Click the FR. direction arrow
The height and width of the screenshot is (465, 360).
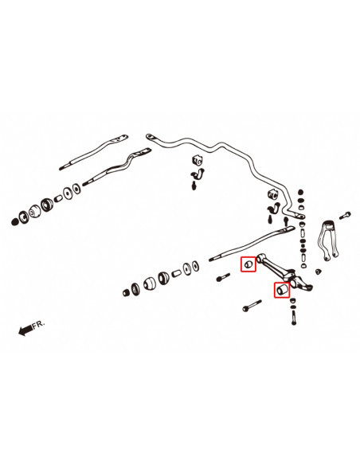coord(25,329)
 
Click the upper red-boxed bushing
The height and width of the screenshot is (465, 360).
coord(248,261)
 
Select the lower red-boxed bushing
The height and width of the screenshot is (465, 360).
coord(280,291)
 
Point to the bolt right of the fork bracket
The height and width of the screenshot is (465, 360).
coord(346,214)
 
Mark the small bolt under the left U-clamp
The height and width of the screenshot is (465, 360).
coord(194,186)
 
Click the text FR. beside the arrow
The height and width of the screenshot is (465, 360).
coord(41,325)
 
